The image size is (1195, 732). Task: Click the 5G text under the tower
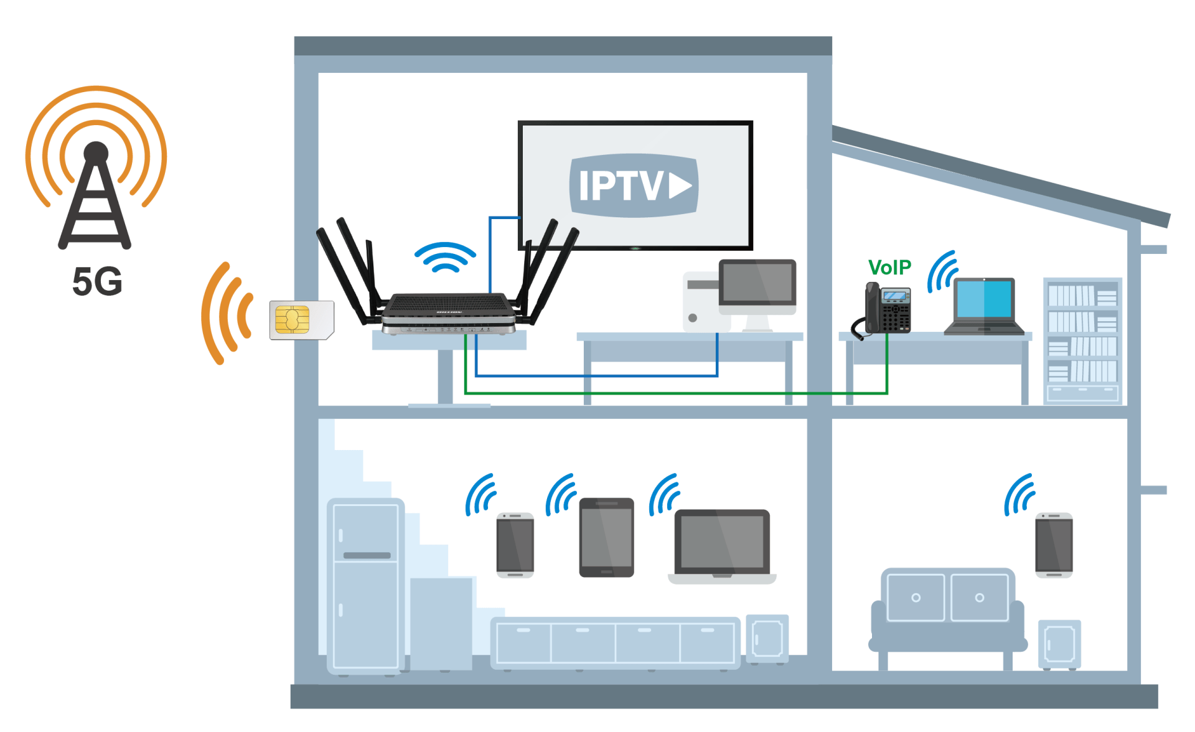pos(97,281)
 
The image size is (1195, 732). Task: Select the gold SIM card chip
pos(292,319)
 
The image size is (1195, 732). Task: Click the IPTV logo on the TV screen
pos(634,185)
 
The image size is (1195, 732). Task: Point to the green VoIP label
pos(889,267)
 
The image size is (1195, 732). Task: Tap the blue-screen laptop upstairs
pos(983,306)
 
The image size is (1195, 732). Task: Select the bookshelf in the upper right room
pos(1083,341)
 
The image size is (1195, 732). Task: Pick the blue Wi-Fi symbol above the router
pos(445,256)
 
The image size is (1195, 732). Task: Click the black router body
pos(448,313)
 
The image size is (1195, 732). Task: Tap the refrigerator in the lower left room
pos(366,586)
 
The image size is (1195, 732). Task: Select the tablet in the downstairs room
pos(607,537)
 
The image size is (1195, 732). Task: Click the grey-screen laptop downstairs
pos(722,547)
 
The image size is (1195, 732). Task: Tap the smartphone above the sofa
pos(1054,545)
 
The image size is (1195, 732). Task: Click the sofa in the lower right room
pos(947,617)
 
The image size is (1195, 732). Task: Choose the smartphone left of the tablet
pos(515,545)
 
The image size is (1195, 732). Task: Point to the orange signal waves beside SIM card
pos(227,313)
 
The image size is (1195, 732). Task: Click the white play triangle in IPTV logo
pos(680,185)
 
